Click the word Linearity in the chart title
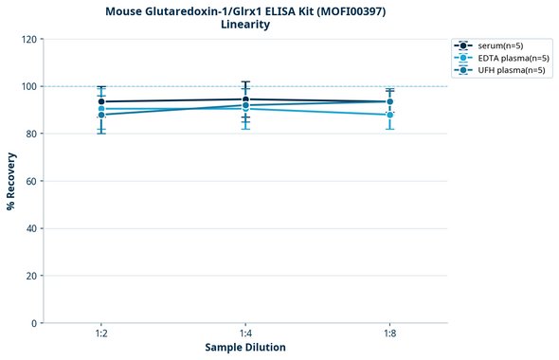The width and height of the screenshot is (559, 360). point(244,25)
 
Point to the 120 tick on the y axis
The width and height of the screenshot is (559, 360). point(28,39)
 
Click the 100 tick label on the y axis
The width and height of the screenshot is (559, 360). point(28,86)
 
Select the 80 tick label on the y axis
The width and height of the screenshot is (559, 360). point(31,134)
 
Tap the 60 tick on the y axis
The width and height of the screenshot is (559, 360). point(31,181)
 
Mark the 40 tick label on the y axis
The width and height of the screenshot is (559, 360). point(31,228)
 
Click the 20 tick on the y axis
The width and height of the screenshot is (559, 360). point(31,276)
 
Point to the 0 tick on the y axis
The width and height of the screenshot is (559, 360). point(34,323)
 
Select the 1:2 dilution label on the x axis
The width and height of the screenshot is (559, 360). point(101,334)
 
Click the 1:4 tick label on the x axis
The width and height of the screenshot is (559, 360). point(245,334)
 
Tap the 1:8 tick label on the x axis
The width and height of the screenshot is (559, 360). point(389,334)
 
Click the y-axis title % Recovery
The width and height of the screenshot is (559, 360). point(11,180)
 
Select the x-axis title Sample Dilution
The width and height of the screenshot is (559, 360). point(245,348)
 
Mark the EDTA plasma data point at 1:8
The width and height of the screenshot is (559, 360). point(389,115)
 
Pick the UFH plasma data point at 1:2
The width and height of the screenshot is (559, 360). point(101,115)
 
